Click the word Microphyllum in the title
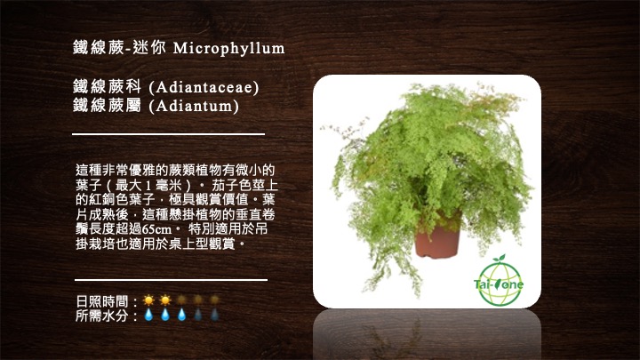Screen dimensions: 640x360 pos(229,49)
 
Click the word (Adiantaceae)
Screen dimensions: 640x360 pos(204,87)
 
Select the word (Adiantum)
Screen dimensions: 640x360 pos(194,106)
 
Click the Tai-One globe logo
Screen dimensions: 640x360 pos(499,282)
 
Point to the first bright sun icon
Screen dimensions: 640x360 pos(148,300)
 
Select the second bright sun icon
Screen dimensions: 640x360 pos(165,300)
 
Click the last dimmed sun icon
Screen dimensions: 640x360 pos(214,300)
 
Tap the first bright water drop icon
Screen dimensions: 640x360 pos(148,315)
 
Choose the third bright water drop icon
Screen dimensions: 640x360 pos(181,315)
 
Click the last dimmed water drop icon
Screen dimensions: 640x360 pos(214,315)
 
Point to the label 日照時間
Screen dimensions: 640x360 pos(101,301)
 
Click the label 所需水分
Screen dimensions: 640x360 pos(101,315)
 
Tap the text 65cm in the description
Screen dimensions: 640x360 pos(157,229)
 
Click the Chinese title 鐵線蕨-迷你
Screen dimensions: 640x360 pos(120,48)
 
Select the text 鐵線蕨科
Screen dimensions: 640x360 pos(108,87)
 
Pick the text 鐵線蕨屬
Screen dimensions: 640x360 pos(108,106)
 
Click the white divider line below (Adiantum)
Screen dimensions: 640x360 pos(169,134)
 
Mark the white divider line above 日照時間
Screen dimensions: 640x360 pos(171,280)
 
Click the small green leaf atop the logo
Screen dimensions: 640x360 pos(499,258)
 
